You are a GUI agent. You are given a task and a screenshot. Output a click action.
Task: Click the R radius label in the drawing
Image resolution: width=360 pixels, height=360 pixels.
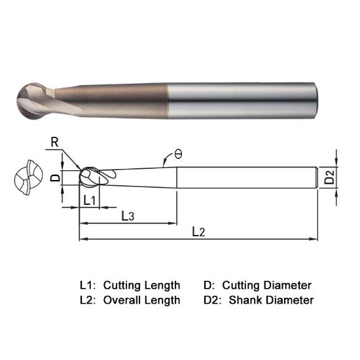[x=52, y=141]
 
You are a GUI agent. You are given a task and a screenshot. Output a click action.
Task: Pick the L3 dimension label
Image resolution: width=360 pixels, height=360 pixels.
[x=128, y=215]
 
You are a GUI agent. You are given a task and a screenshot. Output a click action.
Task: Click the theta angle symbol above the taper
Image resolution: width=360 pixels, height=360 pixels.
[x=178, y=154]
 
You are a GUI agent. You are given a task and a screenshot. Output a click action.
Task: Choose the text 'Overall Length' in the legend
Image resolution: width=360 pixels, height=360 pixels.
[x=141, y=300]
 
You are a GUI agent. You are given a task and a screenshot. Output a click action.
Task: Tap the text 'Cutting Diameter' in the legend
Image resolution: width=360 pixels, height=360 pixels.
[x=266, y=285]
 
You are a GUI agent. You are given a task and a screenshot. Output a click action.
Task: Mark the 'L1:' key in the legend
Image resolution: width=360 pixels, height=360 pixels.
[x=88, y=285]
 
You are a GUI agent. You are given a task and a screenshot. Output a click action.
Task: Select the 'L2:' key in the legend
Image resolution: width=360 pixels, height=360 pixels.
[x=88, y=300]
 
